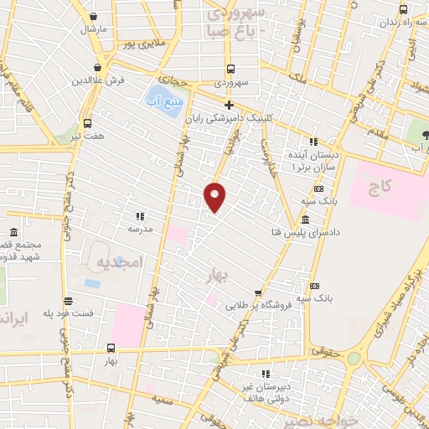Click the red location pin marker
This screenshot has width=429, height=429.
pyautogui.click(x=215, y=197)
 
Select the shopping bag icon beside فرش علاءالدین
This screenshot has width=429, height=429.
pyautogui.click(x=99, y=67)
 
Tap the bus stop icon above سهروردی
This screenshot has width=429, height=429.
pyautogui.click(x=230, y=70)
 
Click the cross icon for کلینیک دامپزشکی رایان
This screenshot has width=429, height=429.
pyautogui.click(x=228, y=104)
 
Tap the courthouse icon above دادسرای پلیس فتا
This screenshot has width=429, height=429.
pyautogui.click(x=303, y=221)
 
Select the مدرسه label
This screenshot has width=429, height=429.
pyautogui.click(x=139, y=228)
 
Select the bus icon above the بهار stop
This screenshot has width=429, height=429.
pyautogui.click(x=111, y=347)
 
